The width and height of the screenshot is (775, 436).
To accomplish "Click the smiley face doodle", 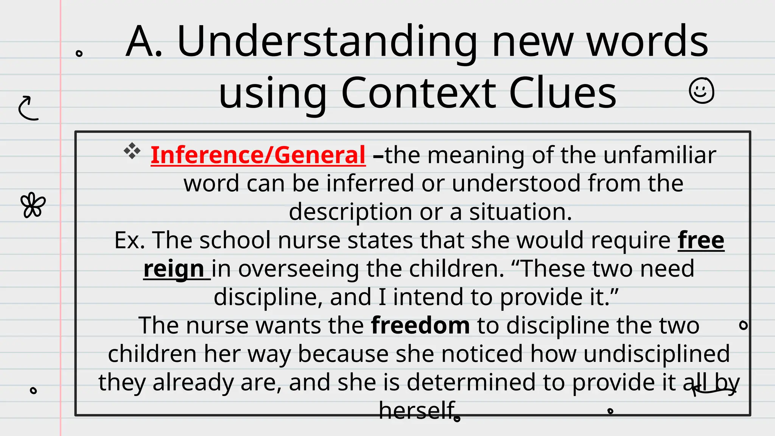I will [701, 91].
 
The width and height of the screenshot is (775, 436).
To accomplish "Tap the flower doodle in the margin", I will [33, 205].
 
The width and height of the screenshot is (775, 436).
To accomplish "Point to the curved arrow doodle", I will [28, 108].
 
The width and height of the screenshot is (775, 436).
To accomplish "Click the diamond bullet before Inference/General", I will [132, 151].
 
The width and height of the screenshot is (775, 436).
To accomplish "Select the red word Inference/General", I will [258, 155].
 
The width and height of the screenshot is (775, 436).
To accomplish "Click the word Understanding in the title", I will [327, 42].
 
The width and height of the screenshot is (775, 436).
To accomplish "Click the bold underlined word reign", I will [174, 269].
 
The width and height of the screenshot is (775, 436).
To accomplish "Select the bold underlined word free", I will [701, 240].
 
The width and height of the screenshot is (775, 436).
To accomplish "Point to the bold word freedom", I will [420, 325].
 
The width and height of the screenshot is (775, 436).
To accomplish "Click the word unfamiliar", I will [660, 155].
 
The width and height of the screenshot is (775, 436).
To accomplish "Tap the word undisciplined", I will [656, 354].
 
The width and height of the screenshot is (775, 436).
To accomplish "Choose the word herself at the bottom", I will [417, 410].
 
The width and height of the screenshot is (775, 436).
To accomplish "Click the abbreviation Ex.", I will [130, 240].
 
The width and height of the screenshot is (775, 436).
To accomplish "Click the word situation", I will [520, 212].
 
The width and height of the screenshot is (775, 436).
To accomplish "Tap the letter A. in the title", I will [144, 42].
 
